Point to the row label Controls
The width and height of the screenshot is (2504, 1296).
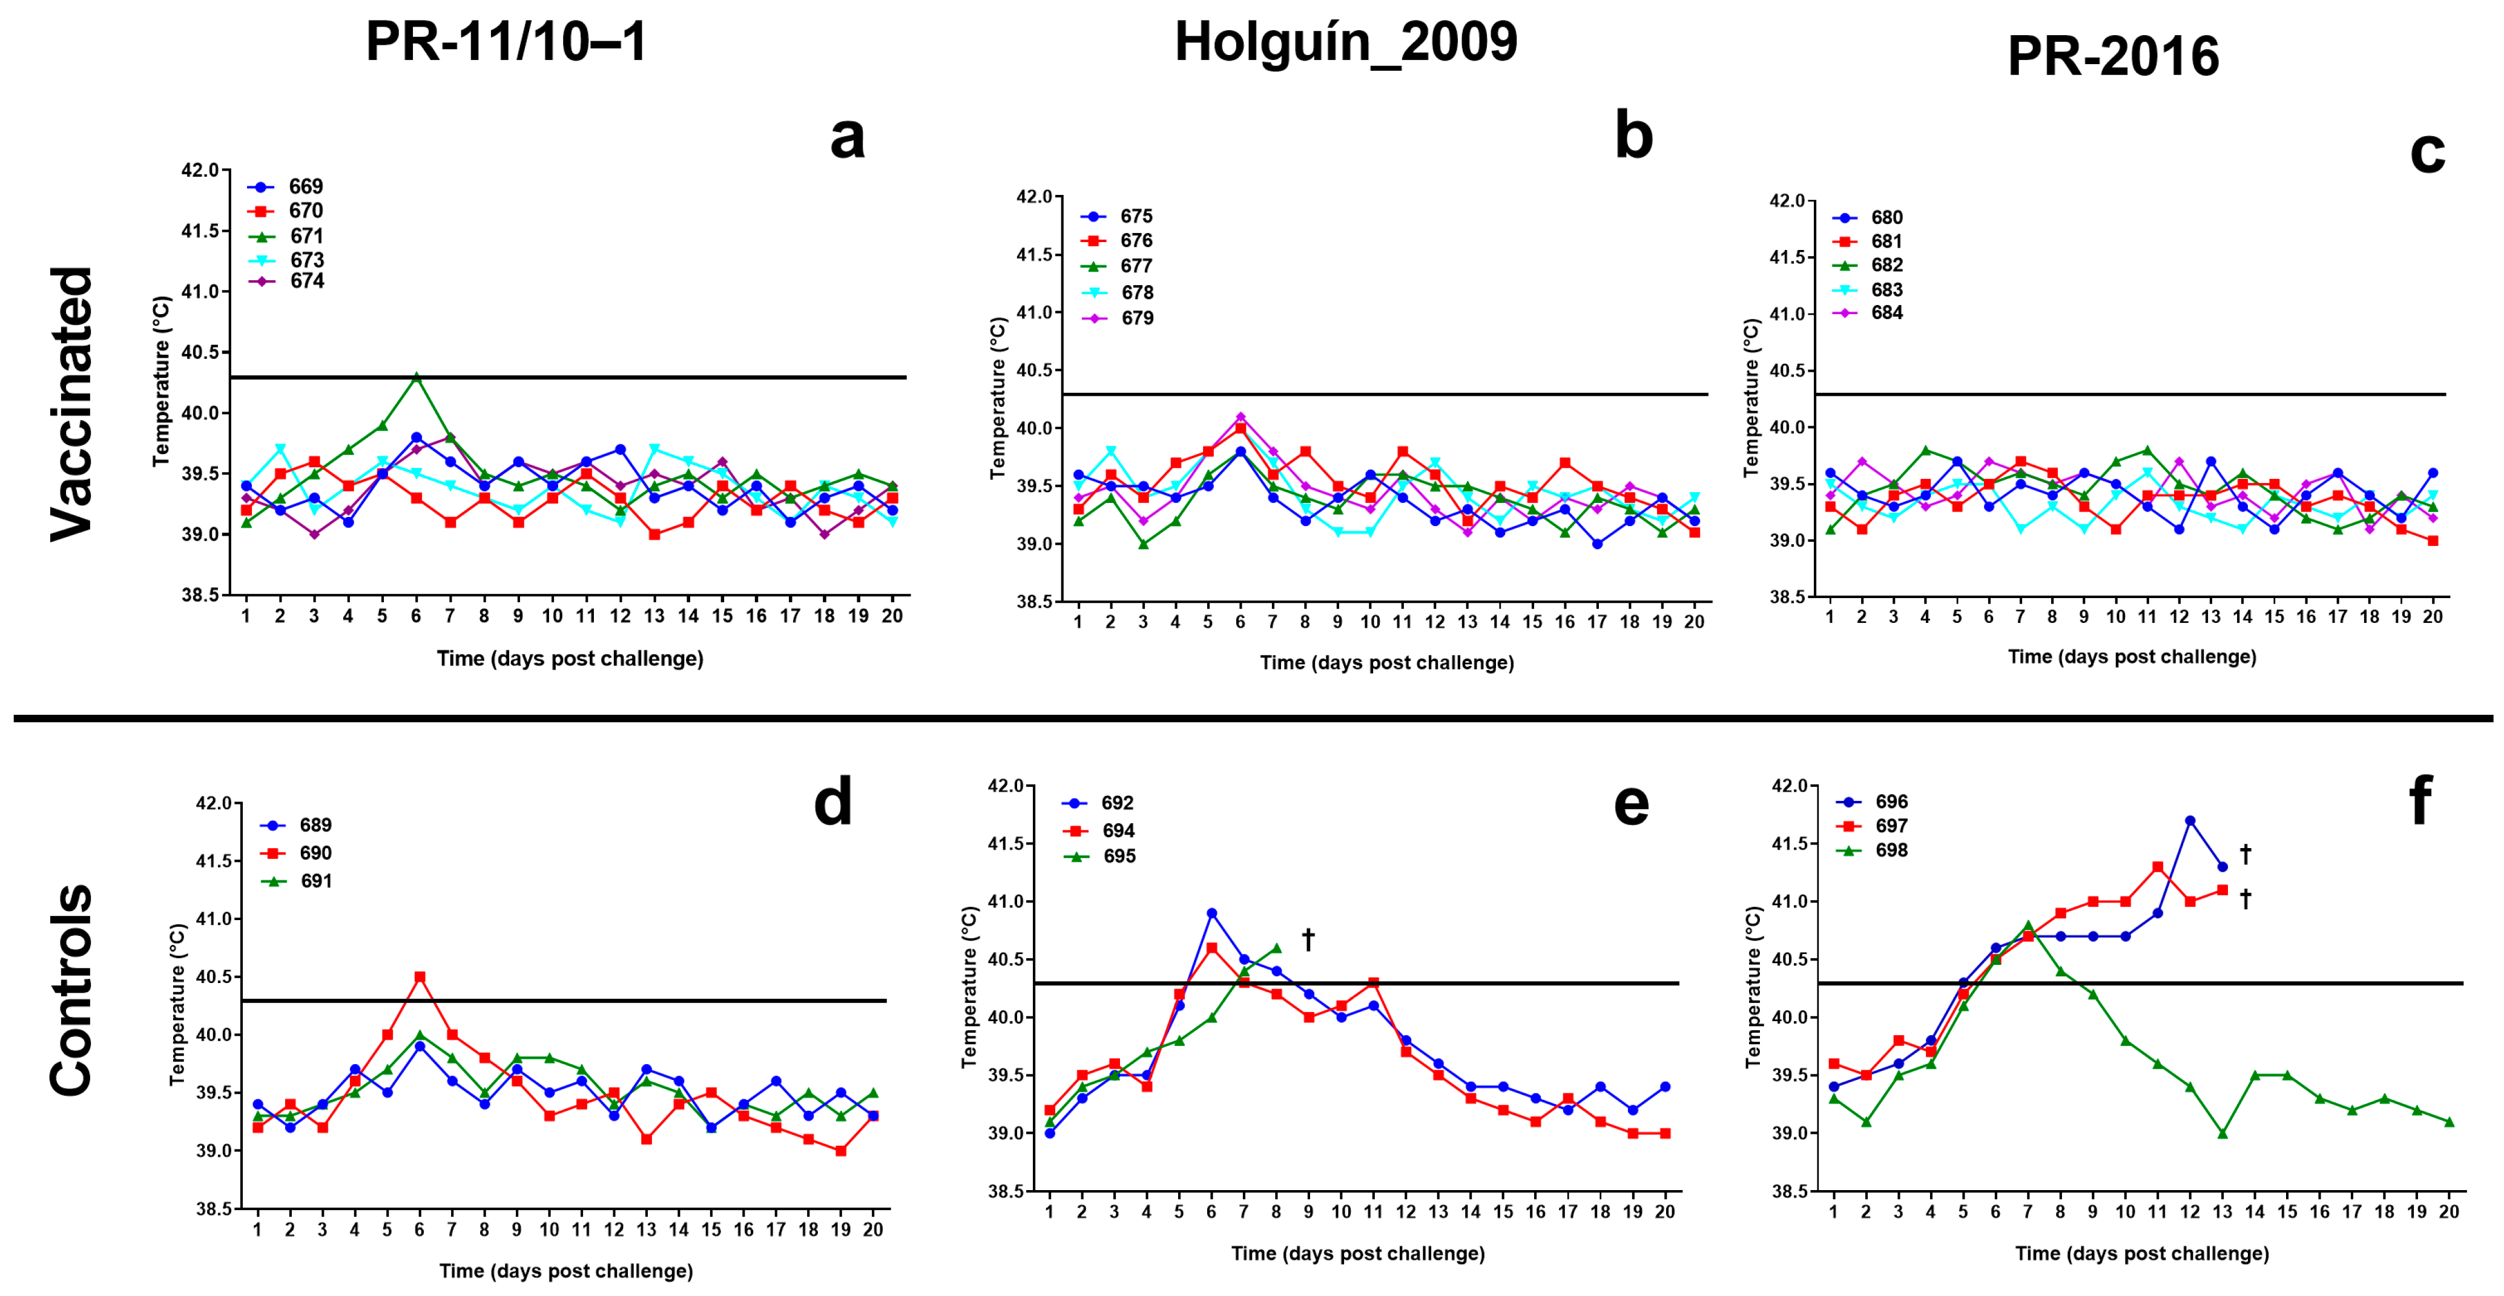[73, 990]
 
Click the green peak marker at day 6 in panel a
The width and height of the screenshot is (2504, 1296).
[416, 377]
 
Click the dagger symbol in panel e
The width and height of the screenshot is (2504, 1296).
[1308, 939]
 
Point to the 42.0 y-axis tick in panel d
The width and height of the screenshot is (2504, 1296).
[214, 804]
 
